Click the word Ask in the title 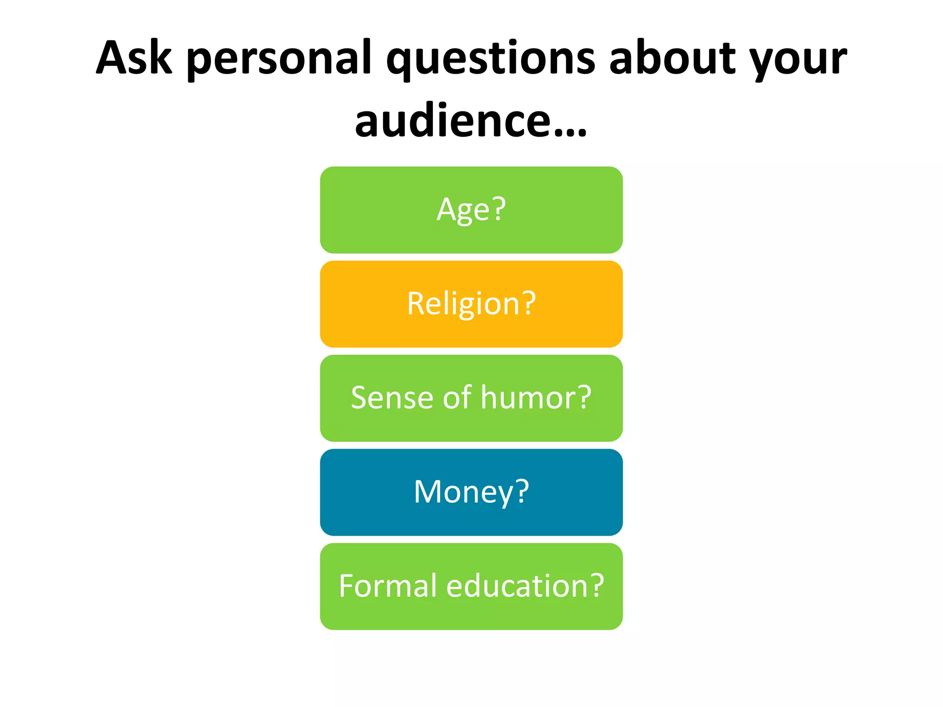[x=134, y=58]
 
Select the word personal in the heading [x=279, y=60]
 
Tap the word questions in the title [x=491, y=60]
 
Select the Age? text [x=471, y=210]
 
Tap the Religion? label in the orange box [x=471, y=304]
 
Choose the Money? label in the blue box [x=471, y=492]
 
